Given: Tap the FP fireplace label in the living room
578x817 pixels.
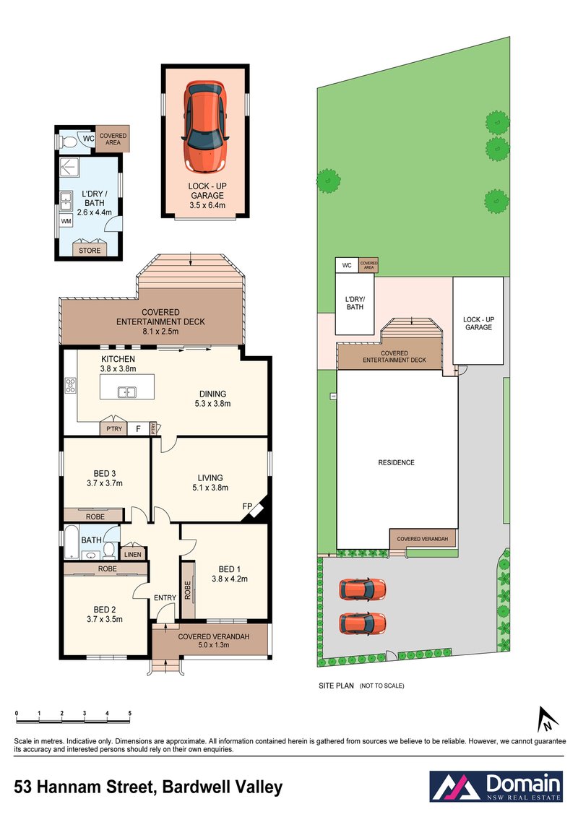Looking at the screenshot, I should click(246, 507).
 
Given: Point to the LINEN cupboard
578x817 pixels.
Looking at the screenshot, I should click(132, 554).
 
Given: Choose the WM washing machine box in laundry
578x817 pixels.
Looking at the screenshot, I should click(66, 221).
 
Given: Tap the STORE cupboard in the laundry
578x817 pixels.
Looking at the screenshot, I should click(90, 251).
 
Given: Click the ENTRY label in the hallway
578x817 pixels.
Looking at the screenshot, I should click(165, 597).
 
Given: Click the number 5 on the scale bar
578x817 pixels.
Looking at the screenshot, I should click(130, 714).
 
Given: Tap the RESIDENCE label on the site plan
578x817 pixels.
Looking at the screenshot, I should click(396, 462).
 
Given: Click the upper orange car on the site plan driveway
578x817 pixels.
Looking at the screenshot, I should click(363, 589).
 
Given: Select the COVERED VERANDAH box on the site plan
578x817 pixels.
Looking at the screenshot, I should click(423, 539).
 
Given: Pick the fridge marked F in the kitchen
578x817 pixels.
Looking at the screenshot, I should click(137, 429).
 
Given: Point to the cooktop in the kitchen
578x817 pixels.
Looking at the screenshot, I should click(70, 385).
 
